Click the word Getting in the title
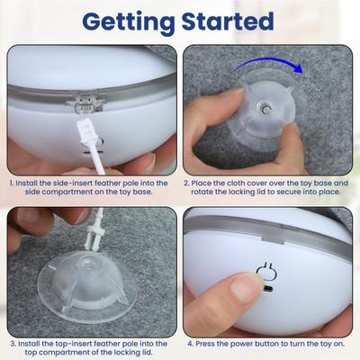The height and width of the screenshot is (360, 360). click(x=129, y=22)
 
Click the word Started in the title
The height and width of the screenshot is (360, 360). click(x=228, y=21)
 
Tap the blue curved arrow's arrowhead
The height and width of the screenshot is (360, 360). click(x=298, y=68)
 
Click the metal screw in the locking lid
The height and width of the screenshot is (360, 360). click(x=265, y=109)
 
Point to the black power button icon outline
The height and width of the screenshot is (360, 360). click(x=266, y=271)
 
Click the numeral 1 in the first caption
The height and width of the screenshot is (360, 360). click(x=11, y=183)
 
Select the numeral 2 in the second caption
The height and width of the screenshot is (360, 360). click(x=186, y=183)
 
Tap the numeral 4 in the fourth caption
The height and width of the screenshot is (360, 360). click(x=191, y=344)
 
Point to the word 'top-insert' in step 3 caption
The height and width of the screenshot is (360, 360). click(x=74, y=344)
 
